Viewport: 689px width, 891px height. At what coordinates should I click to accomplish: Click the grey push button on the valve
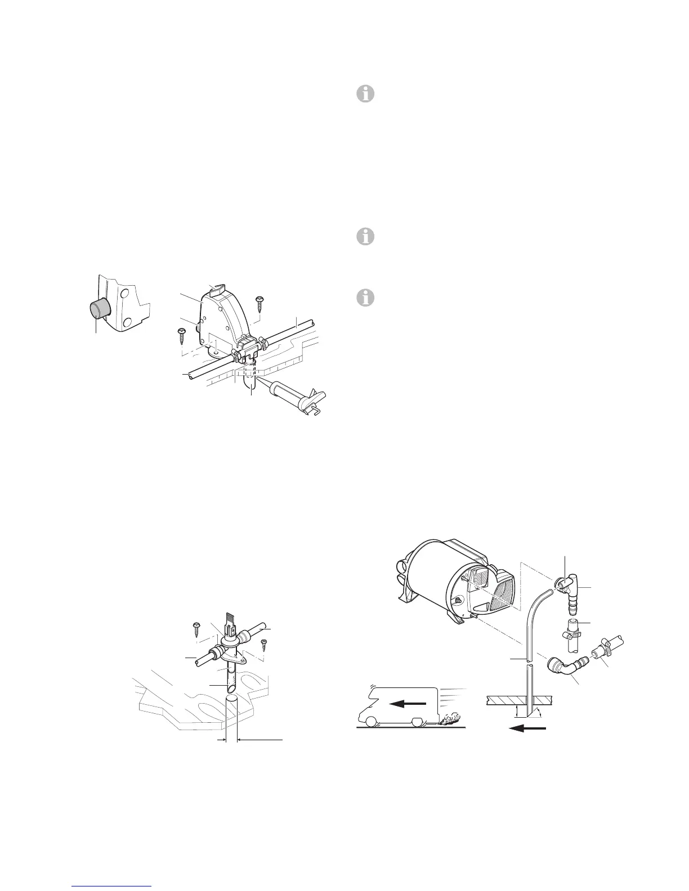point(100,310)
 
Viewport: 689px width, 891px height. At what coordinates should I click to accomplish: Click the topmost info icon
point(365,94)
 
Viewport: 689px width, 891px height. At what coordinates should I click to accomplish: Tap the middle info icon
point(365,237)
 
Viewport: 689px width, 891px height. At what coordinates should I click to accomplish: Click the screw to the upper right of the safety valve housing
point(259,302)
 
